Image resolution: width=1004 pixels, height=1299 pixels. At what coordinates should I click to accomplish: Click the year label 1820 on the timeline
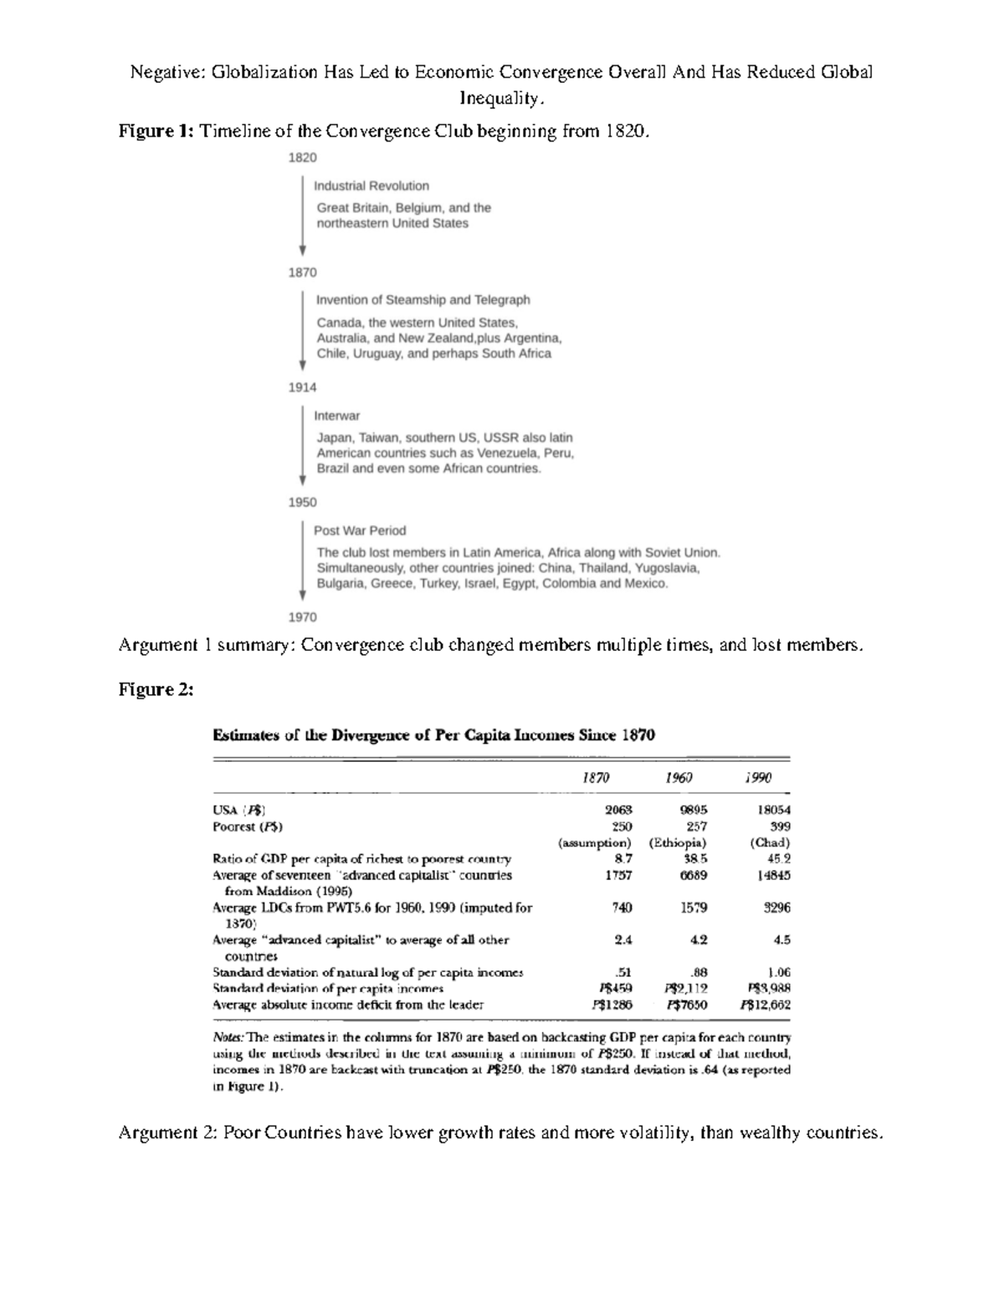point(302,157)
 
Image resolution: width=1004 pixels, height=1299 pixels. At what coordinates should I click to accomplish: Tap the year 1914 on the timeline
point(302,387)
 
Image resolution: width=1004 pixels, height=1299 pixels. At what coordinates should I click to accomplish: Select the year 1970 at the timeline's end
point(302,617)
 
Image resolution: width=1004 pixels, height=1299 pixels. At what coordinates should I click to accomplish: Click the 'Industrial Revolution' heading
point(371,186)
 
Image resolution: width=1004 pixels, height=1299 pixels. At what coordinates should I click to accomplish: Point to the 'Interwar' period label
point(336,416)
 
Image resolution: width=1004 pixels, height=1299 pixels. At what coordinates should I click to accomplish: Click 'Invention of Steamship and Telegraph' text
point(423,299)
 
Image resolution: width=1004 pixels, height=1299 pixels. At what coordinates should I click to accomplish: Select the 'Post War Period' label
point(359,530)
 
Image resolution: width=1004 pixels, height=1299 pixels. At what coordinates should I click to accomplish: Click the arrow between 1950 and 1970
point(303,560)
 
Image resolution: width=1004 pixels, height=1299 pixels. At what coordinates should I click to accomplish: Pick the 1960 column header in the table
point(679,778)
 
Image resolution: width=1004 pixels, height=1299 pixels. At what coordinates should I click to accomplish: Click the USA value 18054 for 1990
point(773,810)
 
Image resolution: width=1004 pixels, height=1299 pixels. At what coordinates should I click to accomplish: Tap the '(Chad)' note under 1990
point(770,842)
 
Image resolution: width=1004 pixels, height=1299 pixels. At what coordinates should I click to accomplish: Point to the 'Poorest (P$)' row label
point(248,826)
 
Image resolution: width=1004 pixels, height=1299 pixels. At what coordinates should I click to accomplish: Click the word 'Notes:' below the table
point(229,1037)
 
